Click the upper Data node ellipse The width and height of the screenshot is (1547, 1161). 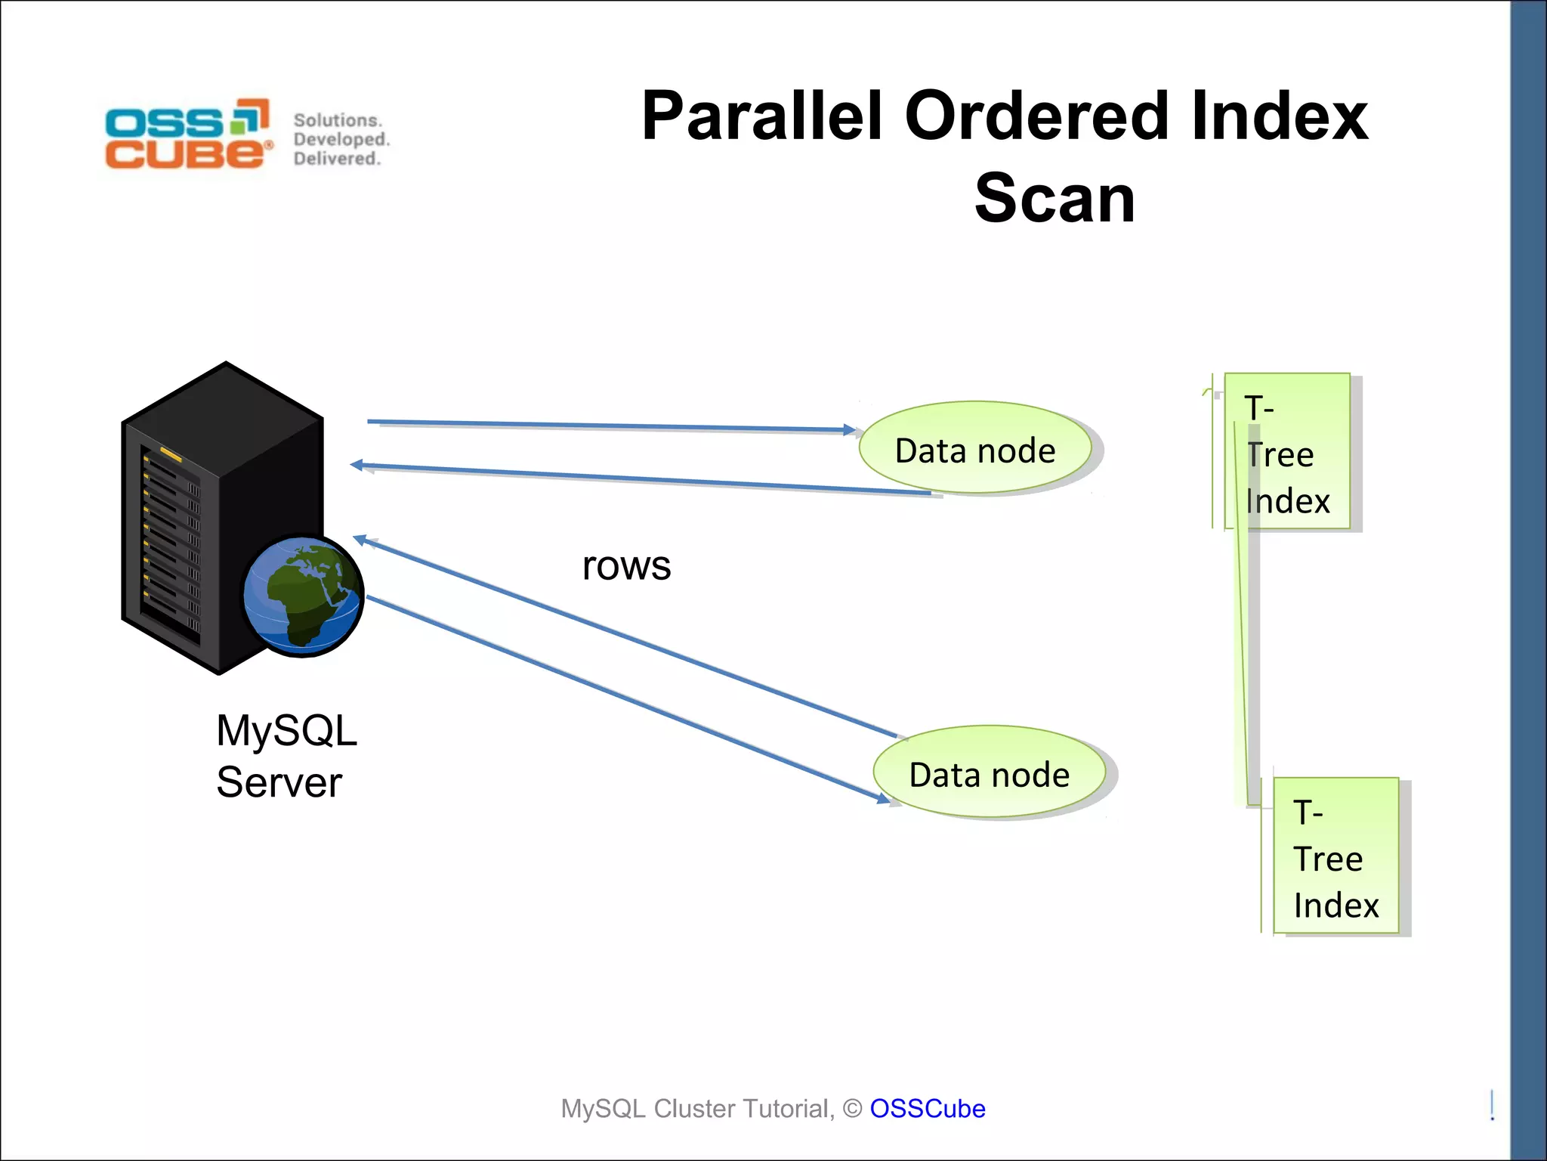974,448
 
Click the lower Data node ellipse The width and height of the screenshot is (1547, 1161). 989,772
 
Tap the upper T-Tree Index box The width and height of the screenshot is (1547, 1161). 1287,452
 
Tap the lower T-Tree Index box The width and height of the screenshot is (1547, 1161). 1335,856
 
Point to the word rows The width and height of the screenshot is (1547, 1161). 626,565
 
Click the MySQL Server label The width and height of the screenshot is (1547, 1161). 286,755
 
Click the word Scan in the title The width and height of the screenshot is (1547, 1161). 1054,198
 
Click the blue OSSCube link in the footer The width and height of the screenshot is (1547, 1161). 927,1108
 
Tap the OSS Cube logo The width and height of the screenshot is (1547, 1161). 187,134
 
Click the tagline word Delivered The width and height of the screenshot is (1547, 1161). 336,159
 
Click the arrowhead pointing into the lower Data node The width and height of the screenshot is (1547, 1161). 884,798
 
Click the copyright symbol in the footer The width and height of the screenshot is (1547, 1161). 852,1109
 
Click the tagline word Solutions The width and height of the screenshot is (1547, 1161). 338,120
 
